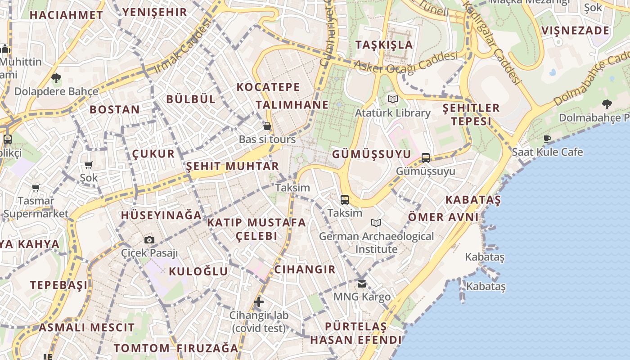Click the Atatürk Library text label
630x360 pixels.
pyautogui.click(x=393, y=112)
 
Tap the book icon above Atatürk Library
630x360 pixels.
pyautogui.click(x=393, y=99)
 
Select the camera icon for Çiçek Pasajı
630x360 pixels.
pyautogui.click(x=149, y=240)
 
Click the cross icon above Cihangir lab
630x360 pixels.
pyautogui.click(x=259, y=302)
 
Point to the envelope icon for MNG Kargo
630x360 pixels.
pyautogui.click(x=362, y=283)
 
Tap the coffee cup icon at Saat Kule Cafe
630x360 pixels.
pyautogui.click(x=547, y=139)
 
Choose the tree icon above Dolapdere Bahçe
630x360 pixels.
pyautogui.click(x=56, y=78)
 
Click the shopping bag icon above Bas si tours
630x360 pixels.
pyautogui.click(x=267, y=126)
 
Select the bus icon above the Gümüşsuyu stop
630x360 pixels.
pyautogui.click(x=426, y=158)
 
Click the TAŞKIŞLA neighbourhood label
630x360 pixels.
pyautogui.click(x=384, y=45)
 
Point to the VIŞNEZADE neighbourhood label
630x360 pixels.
pyautogui.click(x=575, y=31)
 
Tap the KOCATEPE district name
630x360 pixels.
pyautogui.click(x=268, y=87)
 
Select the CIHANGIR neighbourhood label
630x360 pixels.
pyautogui.click(x=305, y=270)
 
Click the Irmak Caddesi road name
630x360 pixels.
pyautogui.click(x=182, y=47)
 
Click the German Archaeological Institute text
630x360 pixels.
pyautogui.click(x=377, y=243)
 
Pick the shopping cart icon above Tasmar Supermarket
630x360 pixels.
pyautogui.click(x=36, y=187)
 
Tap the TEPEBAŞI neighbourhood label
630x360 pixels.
pyautogui.click(x=59, y=285)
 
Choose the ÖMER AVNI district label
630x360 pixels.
pyautogui.click(x=443, y=217)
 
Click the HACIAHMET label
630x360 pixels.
pyautogui.click(x=66, y=15)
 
